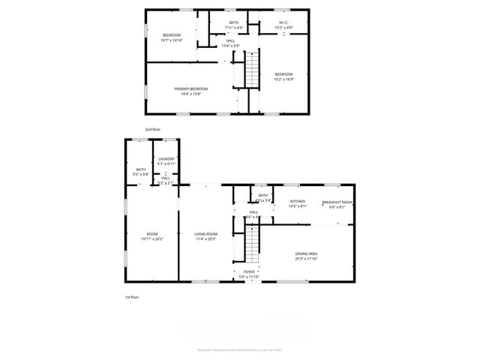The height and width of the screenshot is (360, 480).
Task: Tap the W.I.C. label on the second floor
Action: click(x=284, y=24)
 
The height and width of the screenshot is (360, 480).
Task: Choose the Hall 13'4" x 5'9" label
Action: click(x=230, y=43)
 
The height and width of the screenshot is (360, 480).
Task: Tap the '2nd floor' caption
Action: click(x=153, y=129)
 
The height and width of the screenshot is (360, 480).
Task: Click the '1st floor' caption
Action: click(x=132, y=297)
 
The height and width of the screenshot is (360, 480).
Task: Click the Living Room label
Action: click(x=206, y=236)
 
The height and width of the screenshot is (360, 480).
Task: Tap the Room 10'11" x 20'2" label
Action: click(x=152, y=236)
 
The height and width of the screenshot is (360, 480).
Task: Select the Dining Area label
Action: click(x=306, y=256)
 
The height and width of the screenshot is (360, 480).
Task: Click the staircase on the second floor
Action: click(x=253, y=72)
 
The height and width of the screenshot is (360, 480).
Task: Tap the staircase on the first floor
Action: click(x=253, y=241)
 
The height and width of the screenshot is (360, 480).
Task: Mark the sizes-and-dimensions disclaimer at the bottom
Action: click(x=239, y=349)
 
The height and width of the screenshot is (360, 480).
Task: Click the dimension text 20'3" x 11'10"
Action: click(x=306, y=259)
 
